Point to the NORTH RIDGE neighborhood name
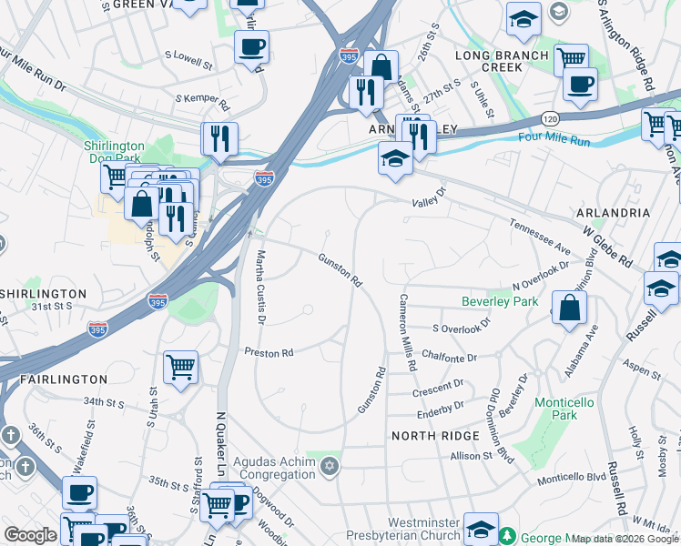coord(435,436)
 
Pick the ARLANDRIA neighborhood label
coord(613,212)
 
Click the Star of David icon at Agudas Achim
coord(329,467)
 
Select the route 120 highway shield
coord(549,119)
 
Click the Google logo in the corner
coord(30,535)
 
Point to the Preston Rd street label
coord(268,351)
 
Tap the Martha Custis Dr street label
coord(260,287)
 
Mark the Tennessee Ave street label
coord(539,237)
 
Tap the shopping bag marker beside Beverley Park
coord(569,308)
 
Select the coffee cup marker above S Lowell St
coord(251,46)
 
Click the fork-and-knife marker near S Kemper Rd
coord(219,138)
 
